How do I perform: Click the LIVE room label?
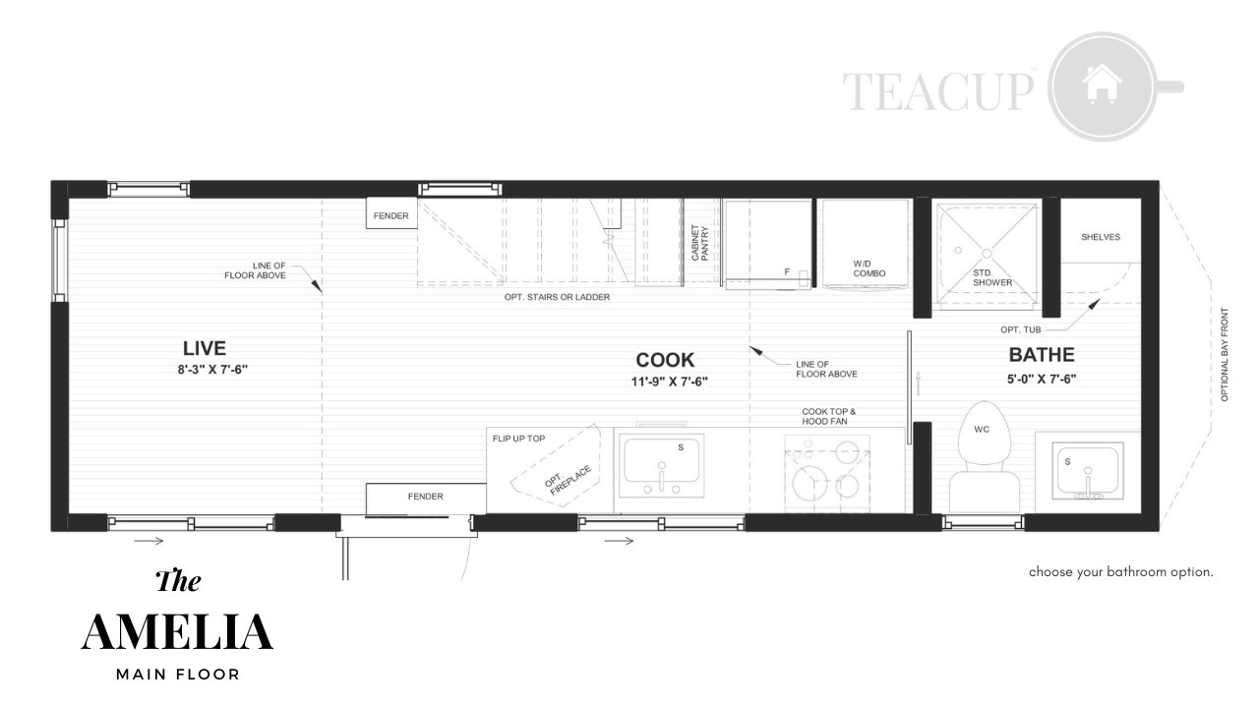click(204, 348)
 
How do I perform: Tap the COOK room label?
click(665, 360)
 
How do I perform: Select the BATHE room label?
click(1042, 355)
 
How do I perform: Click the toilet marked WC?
click(984, 456)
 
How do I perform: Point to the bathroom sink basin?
click(1088, 471)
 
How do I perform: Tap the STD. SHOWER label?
click(992, 277)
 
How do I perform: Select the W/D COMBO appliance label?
click(869, 268)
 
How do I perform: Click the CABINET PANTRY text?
click(699, 243)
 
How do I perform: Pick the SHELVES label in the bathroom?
click(1101, 237)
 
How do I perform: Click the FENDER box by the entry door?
click(426, 498)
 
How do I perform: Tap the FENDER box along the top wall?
click(391, 213)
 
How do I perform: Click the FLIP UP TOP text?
click(518, 439)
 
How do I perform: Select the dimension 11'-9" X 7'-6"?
click(669, 383)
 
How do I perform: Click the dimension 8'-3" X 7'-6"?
click(212, 370)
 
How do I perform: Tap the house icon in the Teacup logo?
click(1102, 84)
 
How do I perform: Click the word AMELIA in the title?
click(177, 632)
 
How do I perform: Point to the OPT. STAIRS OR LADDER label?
click(557, 297)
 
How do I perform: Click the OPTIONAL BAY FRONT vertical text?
click(1225, 355)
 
